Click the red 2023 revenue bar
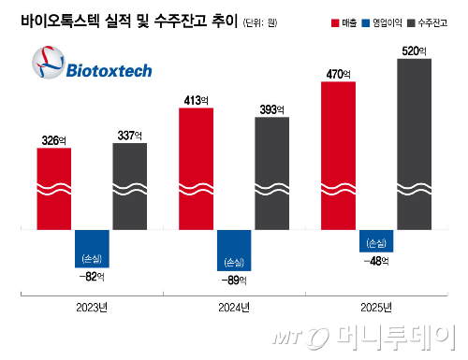61,187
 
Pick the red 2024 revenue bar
202,168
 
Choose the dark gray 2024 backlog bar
278,173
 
